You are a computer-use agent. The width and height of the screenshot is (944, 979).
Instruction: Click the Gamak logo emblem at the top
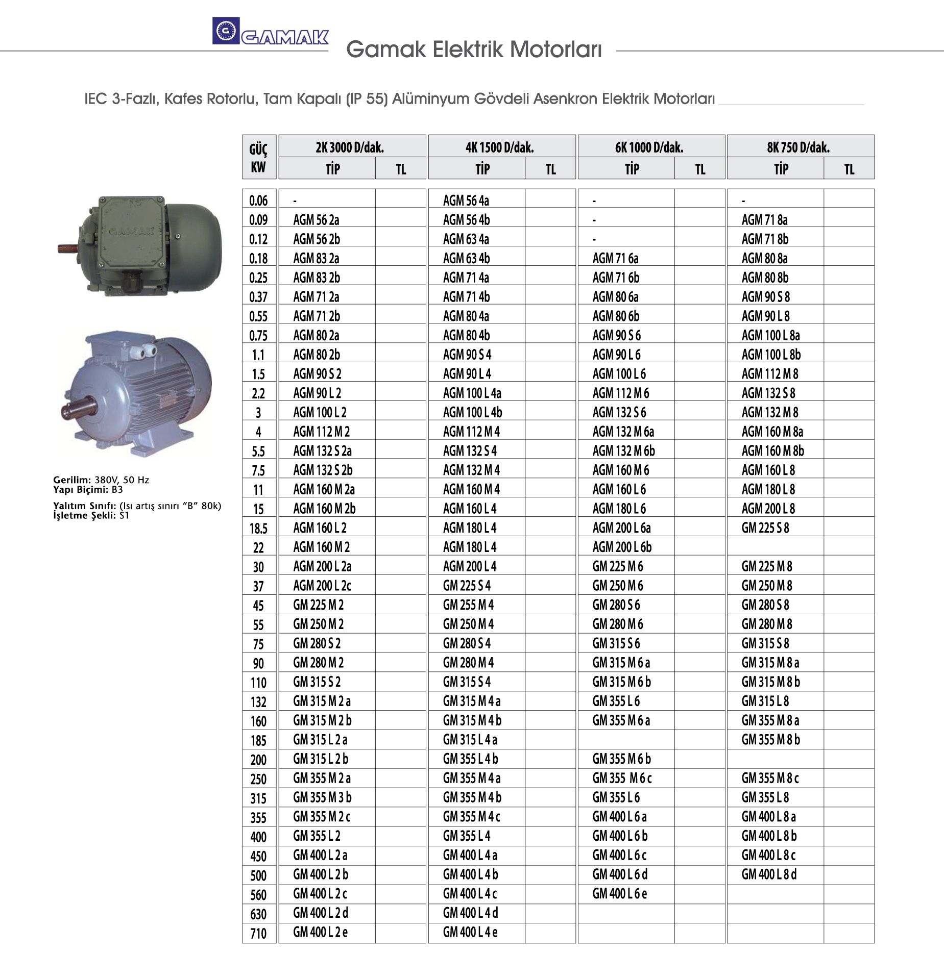pyautogui.click(x=226, y=31)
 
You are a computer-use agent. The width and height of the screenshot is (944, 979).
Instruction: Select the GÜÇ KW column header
pyautogui.click(x=259, y=157)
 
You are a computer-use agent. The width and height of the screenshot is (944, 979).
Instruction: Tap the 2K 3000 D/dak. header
pyautogui.click(x=350, y=147)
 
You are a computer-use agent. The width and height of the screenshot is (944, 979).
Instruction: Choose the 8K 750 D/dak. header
pyautogui.click(x=798, y=147)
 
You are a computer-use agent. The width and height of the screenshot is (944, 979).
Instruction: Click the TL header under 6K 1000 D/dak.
pyautogui.click(x=700, y=169)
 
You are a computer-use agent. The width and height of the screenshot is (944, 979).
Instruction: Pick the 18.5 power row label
pyautogui.click(x=259, y=528)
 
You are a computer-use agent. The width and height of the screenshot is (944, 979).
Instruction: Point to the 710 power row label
pyautogui.click(x=259, y=934)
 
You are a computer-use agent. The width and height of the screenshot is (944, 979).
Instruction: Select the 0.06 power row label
pyautogui.click(x=259, y=200)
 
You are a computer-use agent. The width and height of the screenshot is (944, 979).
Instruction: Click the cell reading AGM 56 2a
pyautogui.click(x=316, y=220)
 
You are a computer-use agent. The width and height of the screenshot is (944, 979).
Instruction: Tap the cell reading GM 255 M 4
pyautogui.click(x=468, y=605)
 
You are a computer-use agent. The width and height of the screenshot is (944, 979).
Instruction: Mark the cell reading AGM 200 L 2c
pyautogui.click(x=322, y=586)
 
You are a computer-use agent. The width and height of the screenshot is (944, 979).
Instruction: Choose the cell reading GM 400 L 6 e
pyautogui.click(x=619, y=894)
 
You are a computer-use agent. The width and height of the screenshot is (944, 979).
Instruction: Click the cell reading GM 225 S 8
pyautogui.click(x=765, y=528)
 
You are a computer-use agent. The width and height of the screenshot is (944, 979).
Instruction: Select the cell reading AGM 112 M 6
pyautogui.click(x=621, y=393)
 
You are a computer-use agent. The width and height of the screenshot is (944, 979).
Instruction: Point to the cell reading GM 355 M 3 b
pyautogui.click(x=322, y=797)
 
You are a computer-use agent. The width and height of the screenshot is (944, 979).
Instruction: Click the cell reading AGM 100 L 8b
pyautogui.click(x=771, y=355)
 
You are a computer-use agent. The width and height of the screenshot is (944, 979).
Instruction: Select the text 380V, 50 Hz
pyautogui.click(x=122, y=480)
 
